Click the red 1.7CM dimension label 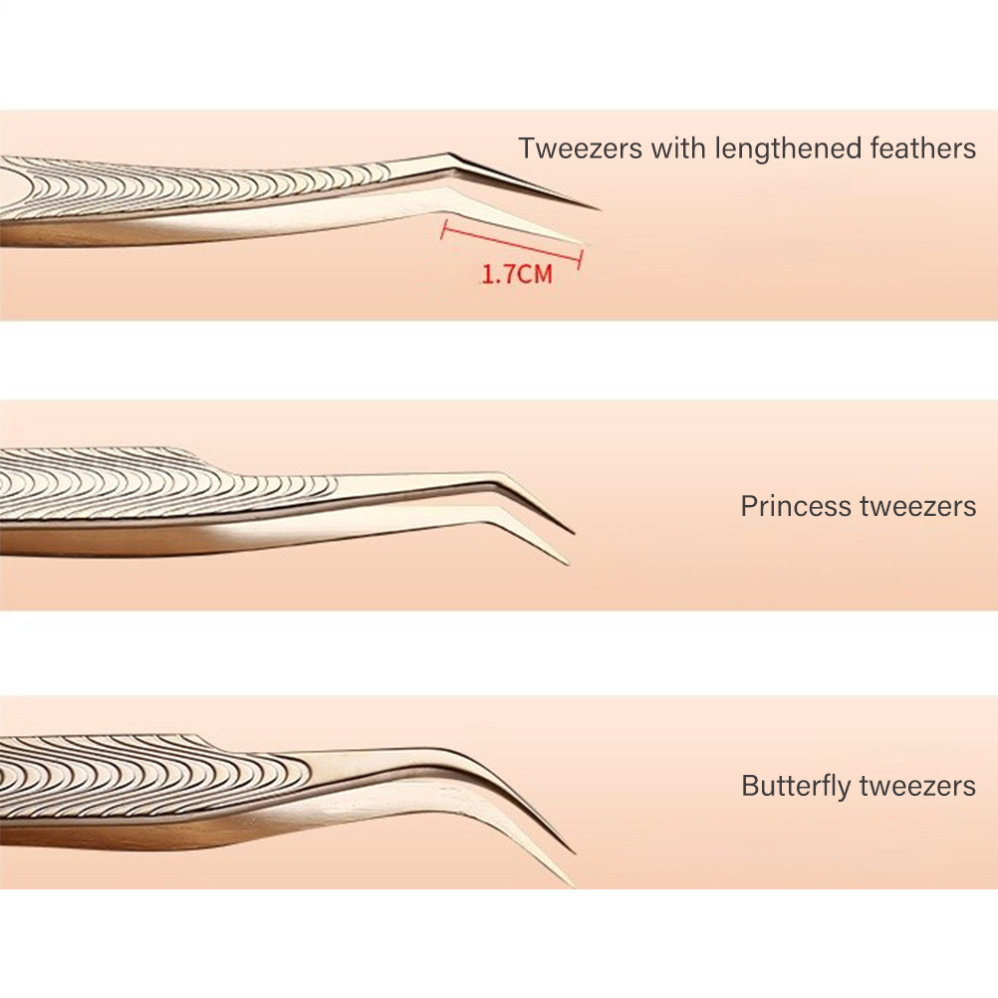coord(516,274)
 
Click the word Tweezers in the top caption coord(580,148)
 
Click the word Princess coord(798,506)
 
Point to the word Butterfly coord(798,786)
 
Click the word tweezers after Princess coord(919,506)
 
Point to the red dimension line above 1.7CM coord(511,243)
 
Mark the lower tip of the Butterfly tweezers coord(572,884)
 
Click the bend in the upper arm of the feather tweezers coord(447,156)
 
